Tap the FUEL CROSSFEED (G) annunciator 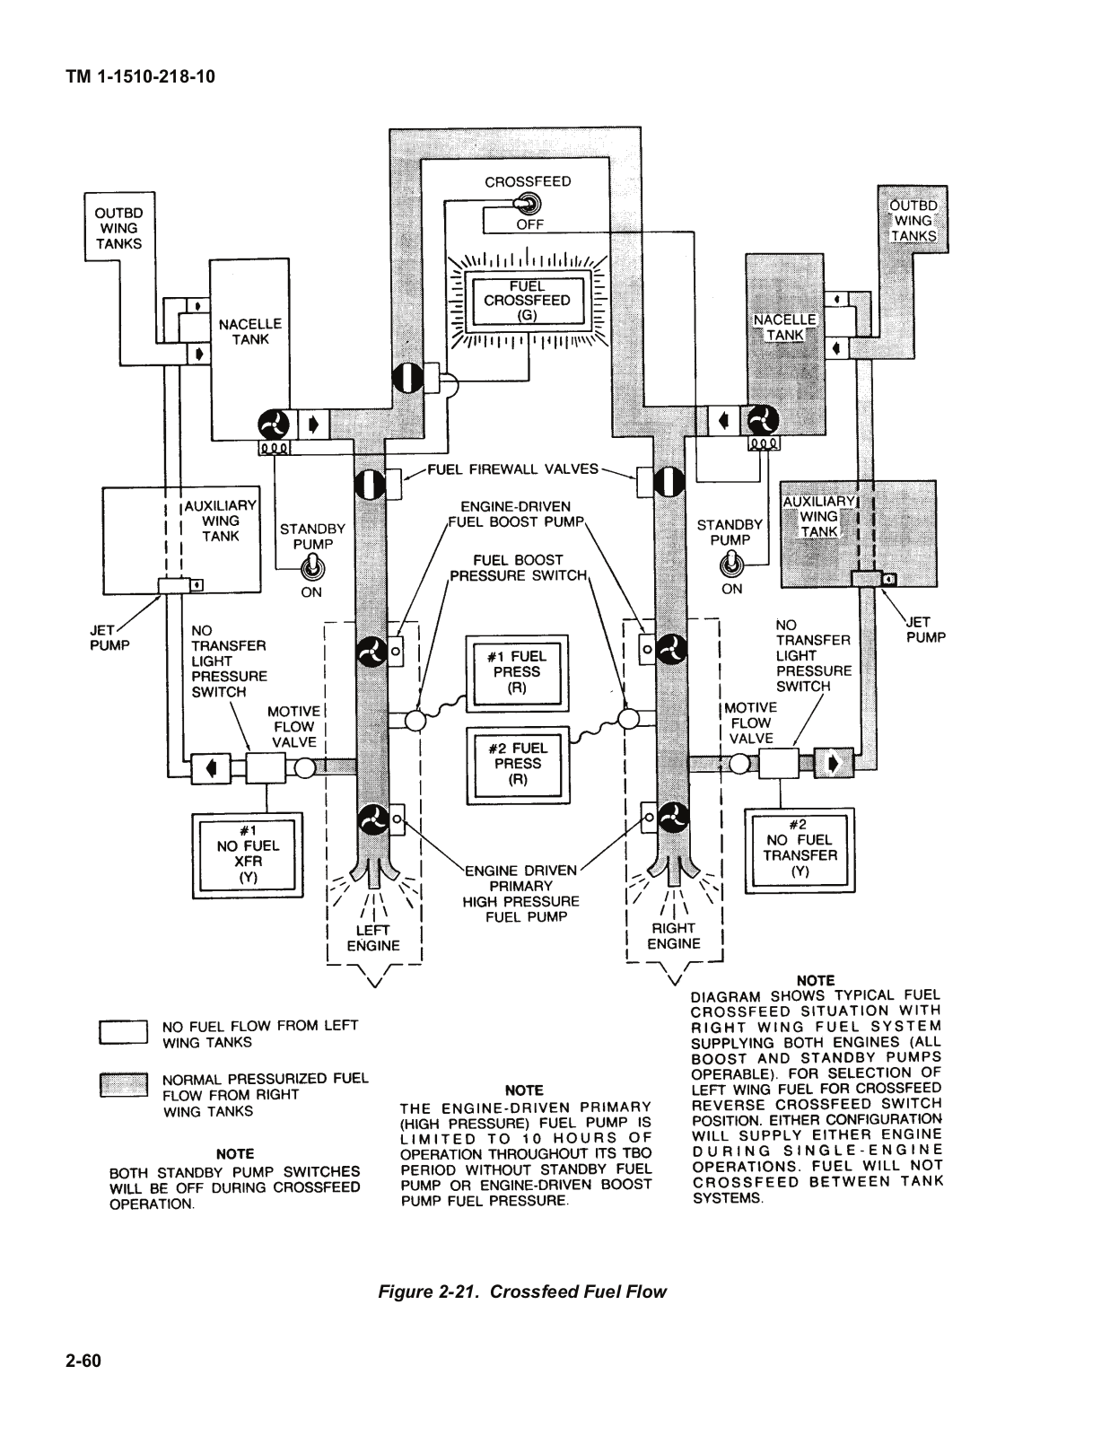pyautogui.click(x=527, y=301)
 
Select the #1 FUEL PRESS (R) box pyautogui.click(x=517, y=673)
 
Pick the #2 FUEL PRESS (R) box pyautogui.click(x=518, y=765)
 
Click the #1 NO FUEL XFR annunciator pyautogui.click(x=248, y=854)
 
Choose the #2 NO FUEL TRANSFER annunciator pyautogui.click(x=800, y=849)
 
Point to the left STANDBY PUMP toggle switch pyautogui.click(x=312, y=567)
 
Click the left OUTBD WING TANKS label pyautogui.click(x=119, y=229)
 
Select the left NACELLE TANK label pyautogui.click(x=249, y=332)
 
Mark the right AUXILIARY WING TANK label pyautogui.click(x=819, y=517)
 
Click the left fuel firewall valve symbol pyautogui.click(x=370, y=485)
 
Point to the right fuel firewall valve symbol pyautogui.click(x=669, y=481)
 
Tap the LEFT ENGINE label pyautogui.click(x=373, y=938)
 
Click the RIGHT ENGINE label pyautogui.click(x=673, y=936)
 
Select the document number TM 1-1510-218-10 pyautogui.click(x=141, y=76)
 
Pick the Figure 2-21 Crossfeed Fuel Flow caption pyautogui.click(x=522, y=1292)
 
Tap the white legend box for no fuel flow pyautogui.click(x=124, y=1032)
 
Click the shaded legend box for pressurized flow pyautogui.click(x=124, y=1085)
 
